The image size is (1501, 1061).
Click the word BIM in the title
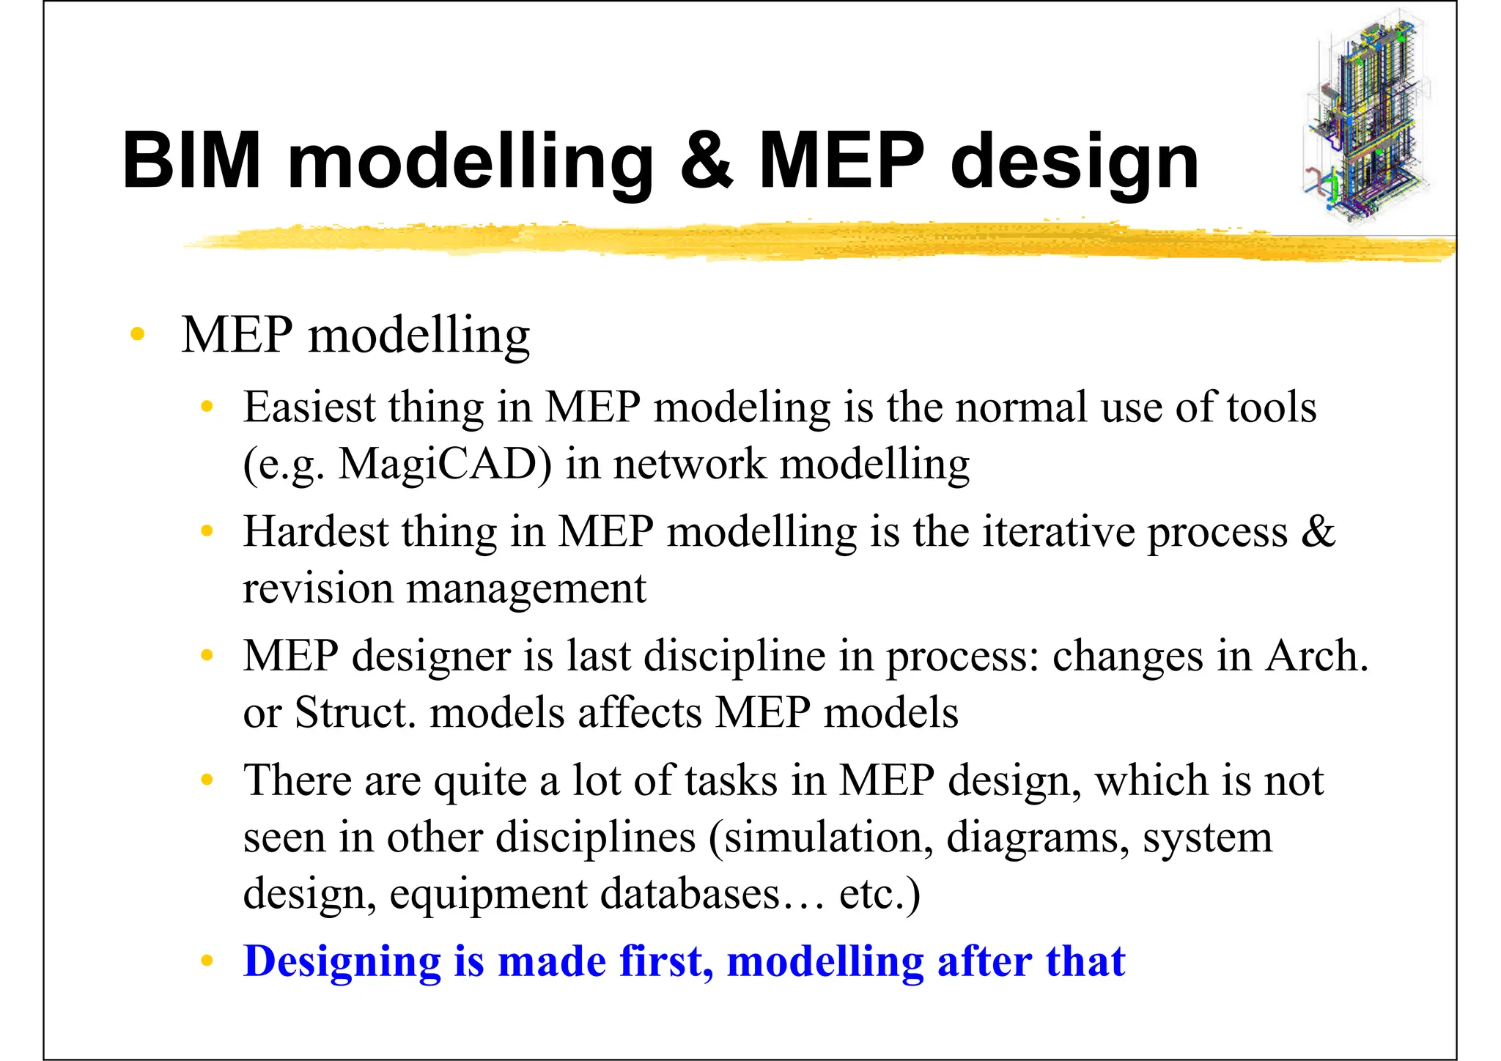click(192, 160)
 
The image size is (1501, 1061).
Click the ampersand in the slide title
click(706, 160)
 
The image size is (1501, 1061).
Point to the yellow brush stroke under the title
click(806, 243)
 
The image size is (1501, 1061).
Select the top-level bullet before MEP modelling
click(137, 335)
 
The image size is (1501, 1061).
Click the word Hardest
click(316, 532)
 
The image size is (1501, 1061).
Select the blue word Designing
click(342, 961)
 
